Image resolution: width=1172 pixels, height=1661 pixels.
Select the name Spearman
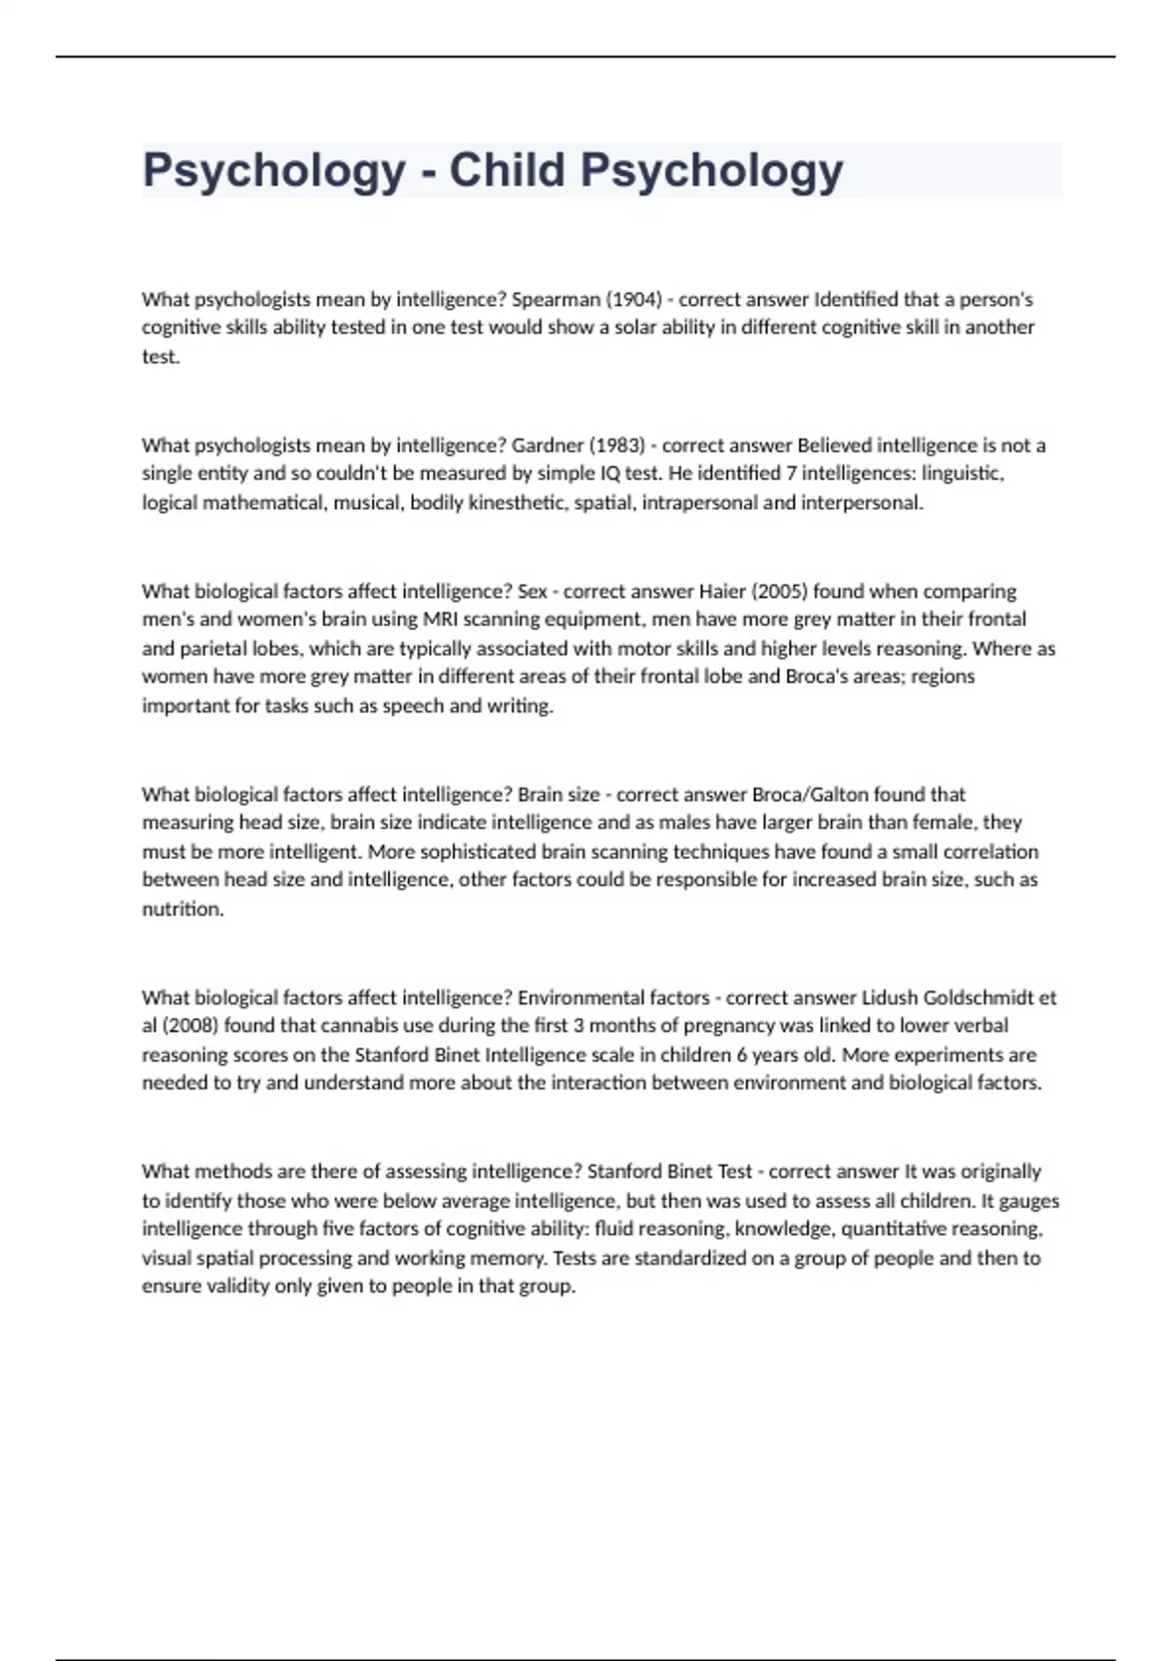click(x=555, y=299)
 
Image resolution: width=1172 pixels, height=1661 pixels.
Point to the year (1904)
click(x=632, y=299)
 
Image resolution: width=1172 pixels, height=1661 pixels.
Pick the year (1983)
click(x=618, y=446)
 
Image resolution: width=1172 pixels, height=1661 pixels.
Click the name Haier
click(x=724, y=591)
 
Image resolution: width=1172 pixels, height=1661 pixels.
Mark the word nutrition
click(x=183, y=909)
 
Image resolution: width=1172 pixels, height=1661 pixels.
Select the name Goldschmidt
click(x=979, y=998)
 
